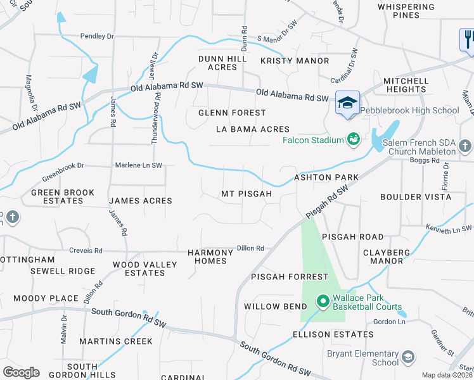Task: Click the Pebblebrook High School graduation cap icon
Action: coord(347,103)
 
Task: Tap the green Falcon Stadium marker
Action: coord(354,139)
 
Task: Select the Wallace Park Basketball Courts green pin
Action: coord(322,301)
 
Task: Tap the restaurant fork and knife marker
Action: coord(467,39)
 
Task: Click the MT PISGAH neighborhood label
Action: coord(246,194)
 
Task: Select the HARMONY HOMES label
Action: coord(210,256)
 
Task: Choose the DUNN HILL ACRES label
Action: coord(222,63)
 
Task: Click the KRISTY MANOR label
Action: coord(295,61)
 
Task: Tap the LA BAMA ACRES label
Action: coord(252,129)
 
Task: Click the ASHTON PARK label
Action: coord(326,178)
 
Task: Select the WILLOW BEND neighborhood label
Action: coord(271,307)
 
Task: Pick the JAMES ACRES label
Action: coord(141,201)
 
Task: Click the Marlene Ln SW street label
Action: coord(138,165)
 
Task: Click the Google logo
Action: coord(21,372)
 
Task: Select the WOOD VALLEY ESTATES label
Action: coord(139,269)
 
